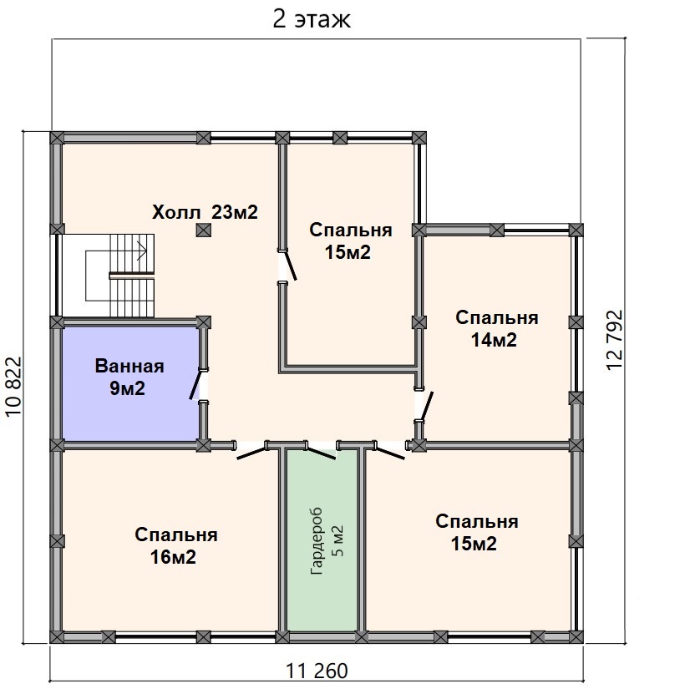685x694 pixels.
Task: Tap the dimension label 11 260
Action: [317, 671]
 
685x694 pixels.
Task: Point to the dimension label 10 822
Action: [14, 386]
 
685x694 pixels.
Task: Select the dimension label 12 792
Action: [615, 339]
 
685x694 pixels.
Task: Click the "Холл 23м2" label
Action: [205, 212]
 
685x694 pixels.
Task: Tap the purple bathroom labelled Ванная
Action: [130, 383]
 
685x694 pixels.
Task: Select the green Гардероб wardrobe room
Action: [322, 540]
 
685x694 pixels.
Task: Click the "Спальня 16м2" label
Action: [175, 545]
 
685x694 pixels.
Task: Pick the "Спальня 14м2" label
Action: [496, 329]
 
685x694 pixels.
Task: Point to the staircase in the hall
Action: [120, 276]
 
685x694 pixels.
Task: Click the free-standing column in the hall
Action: [203, 230]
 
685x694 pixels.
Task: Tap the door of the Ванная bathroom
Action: [195, 385]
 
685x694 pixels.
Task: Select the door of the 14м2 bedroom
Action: [427, 406]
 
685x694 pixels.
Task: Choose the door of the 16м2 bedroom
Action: [252, 453]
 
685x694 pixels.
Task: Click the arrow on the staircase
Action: [142, 251]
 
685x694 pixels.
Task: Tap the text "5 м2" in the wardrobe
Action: [337, 540]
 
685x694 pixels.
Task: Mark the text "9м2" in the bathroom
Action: [127, 388]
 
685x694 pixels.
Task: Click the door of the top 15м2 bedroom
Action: [291, 265]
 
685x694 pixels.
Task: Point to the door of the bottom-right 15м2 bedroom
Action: [390, 453]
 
